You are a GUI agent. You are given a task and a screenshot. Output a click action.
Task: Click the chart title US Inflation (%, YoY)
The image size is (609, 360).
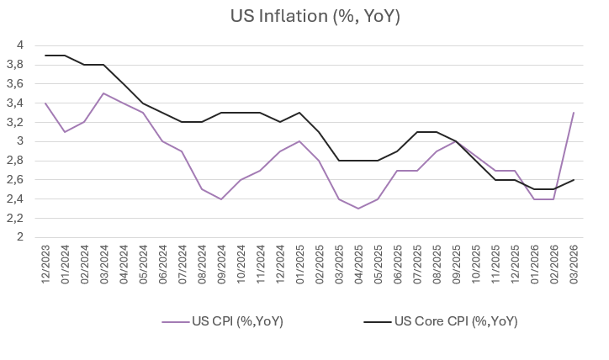click(x=304, y=17)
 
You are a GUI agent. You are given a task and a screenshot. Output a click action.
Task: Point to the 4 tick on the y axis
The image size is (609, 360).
click(x=22, y=45)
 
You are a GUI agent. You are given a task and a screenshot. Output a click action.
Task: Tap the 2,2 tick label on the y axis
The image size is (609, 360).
click(x=19, y=218)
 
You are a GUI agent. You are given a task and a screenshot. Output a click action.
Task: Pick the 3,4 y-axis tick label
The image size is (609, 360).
click(x=19, y=103)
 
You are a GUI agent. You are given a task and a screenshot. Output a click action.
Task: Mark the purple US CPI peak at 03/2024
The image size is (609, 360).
click(x=103, y=93)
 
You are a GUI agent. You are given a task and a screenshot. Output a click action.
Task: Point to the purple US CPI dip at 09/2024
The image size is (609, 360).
click(x=220, y=199)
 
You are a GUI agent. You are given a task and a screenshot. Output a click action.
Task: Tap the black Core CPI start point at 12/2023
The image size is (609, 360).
click(x=45, y=56)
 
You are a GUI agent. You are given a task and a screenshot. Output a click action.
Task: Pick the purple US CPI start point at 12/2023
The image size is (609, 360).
click(x=45, y=103)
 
